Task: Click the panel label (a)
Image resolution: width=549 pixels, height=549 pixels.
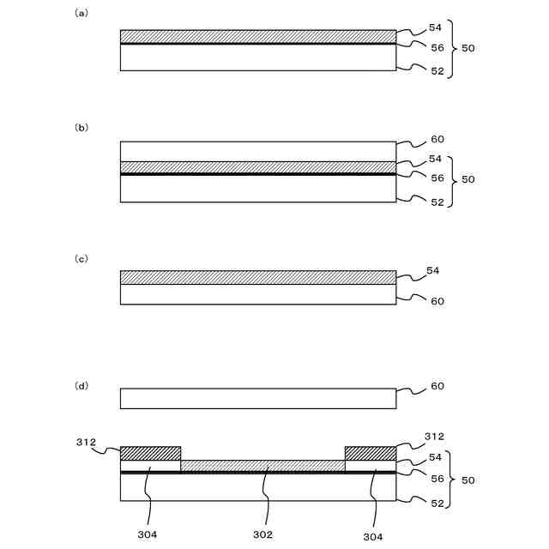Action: [81, 13]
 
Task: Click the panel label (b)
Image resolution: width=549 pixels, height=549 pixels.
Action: [81, 127]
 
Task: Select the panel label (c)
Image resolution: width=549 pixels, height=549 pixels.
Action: [81, 258]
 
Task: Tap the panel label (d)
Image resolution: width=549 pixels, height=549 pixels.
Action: [81, 386]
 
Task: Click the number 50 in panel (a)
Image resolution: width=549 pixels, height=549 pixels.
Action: [468, 48]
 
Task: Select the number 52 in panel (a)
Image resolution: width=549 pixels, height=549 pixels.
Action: [437, 71]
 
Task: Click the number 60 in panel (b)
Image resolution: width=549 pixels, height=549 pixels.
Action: [437, 139]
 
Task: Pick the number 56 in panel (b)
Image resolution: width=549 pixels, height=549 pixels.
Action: [437, 178]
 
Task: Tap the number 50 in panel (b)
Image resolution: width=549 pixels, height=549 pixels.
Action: [468, 179]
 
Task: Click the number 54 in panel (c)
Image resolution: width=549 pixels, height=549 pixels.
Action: [433, 271]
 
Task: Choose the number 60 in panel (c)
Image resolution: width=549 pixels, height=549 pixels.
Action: [437, 301]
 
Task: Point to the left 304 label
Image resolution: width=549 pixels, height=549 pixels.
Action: [147, 534]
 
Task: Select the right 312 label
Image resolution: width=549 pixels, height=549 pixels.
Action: [435, 437]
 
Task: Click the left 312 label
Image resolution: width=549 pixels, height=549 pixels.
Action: [86, 443]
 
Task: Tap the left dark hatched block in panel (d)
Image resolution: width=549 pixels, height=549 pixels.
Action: [150, 453]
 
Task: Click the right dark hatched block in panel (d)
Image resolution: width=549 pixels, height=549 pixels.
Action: [370, 453]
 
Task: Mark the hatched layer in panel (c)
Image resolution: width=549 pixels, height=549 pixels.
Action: [257, 277]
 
